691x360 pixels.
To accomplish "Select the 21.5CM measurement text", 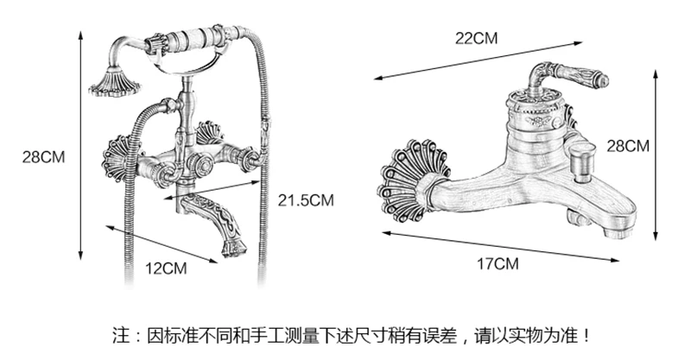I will [305, 200].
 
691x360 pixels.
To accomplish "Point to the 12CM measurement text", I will [165, 268].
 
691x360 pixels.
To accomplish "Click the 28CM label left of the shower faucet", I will [43, 157].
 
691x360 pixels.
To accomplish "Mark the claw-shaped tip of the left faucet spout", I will [231, 248].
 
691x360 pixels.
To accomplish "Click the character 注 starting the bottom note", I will [120, 335].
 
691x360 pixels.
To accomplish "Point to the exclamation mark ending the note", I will [588, 335].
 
